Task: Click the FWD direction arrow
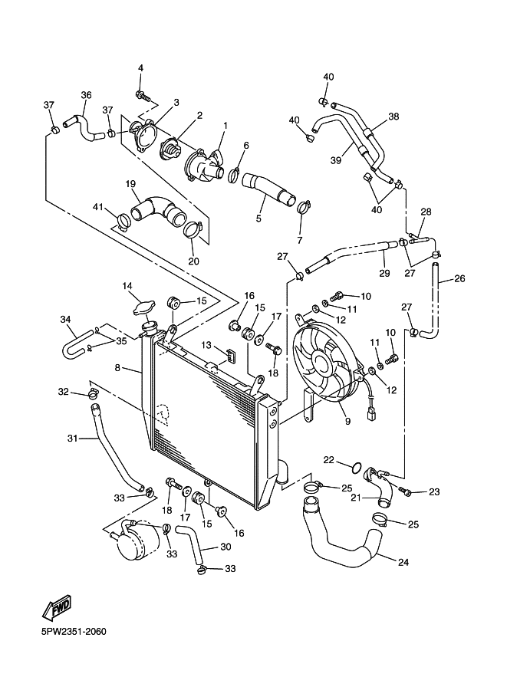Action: coord(57,606)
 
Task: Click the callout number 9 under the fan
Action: coord(348,420)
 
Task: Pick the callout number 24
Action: coord(403,562)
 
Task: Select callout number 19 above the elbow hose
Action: coord(130,184)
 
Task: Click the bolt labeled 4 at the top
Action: coord(143,95)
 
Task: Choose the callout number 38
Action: coord(393,117)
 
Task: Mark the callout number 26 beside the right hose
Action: coord(459,278)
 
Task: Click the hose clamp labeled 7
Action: coord(303,207)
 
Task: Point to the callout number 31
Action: coord(72,439)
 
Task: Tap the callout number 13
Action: coord(206,345)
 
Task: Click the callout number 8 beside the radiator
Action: coord(117,368)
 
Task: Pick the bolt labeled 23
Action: coord(405,491)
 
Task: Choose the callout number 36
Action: coord(86,95)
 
